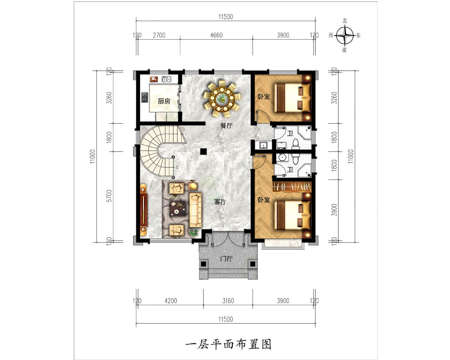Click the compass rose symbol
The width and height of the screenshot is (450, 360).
pos(345,36)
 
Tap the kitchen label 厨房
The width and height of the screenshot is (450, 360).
pos(164,101)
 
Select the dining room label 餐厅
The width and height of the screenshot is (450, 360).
pos(226,126)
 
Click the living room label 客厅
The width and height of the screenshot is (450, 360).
pos(220,202)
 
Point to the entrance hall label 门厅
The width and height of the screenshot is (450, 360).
pos(226,259)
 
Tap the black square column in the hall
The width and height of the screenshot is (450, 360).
pos(203,151)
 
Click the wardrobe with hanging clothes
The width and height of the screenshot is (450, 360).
pos(292,187)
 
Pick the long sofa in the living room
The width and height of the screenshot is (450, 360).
pos(195,209)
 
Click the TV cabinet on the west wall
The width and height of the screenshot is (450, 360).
pos(144,210)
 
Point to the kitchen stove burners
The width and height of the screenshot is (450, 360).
pos(144,97)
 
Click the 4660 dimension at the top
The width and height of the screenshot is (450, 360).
pos(216,35)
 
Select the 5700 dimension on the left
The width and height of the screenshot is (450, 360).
pos(109,196)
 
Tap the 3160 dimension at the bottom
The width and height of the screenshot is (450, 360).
pos(228,301)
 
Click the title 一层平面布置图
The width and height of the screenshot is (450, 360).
pos(229,344)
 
